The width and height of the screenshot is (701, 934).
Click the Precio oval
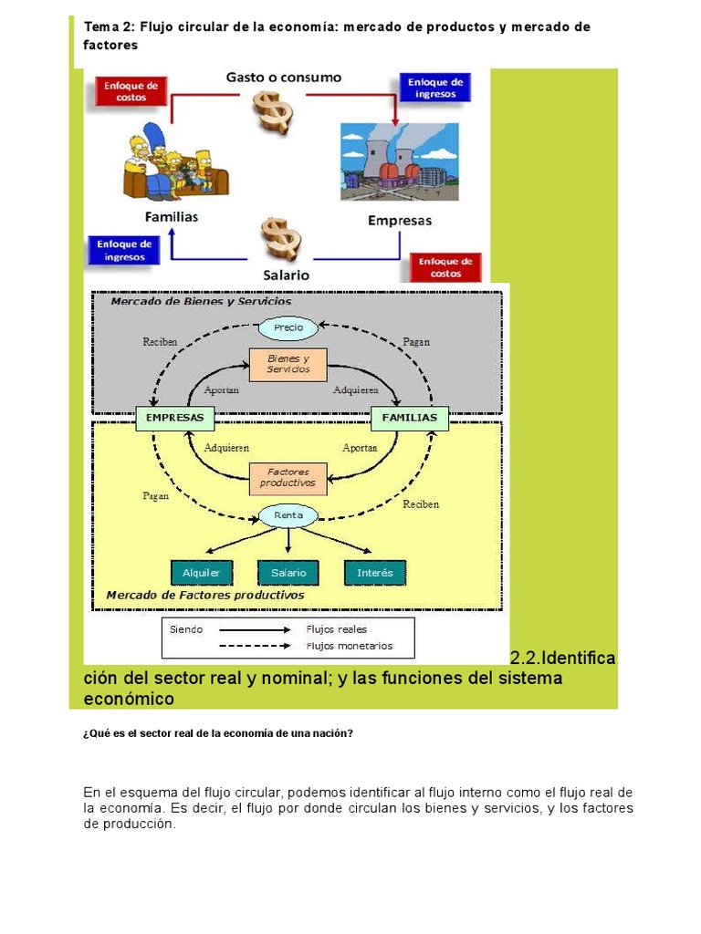tap(288, 327)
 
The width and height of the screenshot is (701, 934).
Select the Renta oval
tap(288, 516)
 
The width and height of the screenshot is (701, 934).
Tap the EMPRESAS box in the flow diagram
tap(174, 419)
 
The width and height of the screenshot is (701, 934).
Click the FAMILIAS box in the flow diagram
tap(409, 419)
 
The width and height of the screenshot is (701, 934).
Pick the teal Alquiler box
tap(202, 573)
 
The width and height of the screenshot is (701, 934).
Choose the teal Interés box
tap(375, 573)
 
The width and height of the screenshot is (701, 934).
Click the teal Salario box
tap(288, 573)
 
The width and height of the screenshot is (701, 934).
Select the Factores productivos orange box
tap(288, 478)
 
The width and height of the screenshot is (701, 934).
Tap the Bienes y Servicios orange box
tap(288, 364)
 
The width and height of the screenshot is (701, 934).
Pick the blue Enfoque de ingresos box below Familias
tap(124, 250)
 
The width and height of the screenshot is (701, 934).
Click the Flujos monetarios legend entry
tap(350, 646)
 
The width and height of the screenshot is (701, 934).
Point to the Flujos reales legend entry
tap(339, 629)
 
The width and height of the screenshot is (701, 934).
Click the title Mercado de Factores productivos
tap(204, 595)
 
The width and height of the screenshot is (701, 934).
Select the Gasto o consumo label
tap(284, 78)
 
